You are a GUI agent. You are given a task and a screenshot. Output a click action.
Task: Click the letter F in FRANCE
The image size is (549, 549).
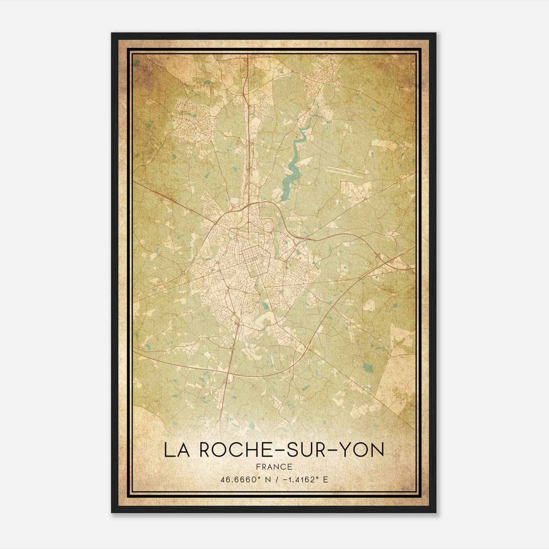pos(258,467)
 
